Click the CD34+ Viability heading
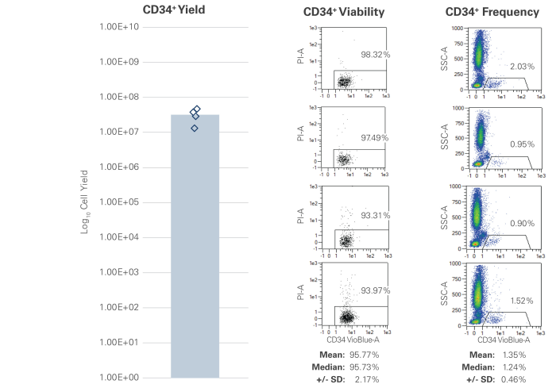(344, 13)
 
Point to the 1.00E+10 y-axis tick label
(118, 27)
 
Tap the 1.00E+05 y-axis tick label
(118, 202)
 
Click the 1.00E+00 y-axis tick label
(118, 378)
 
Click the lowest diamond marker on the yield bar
(195, 128)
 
